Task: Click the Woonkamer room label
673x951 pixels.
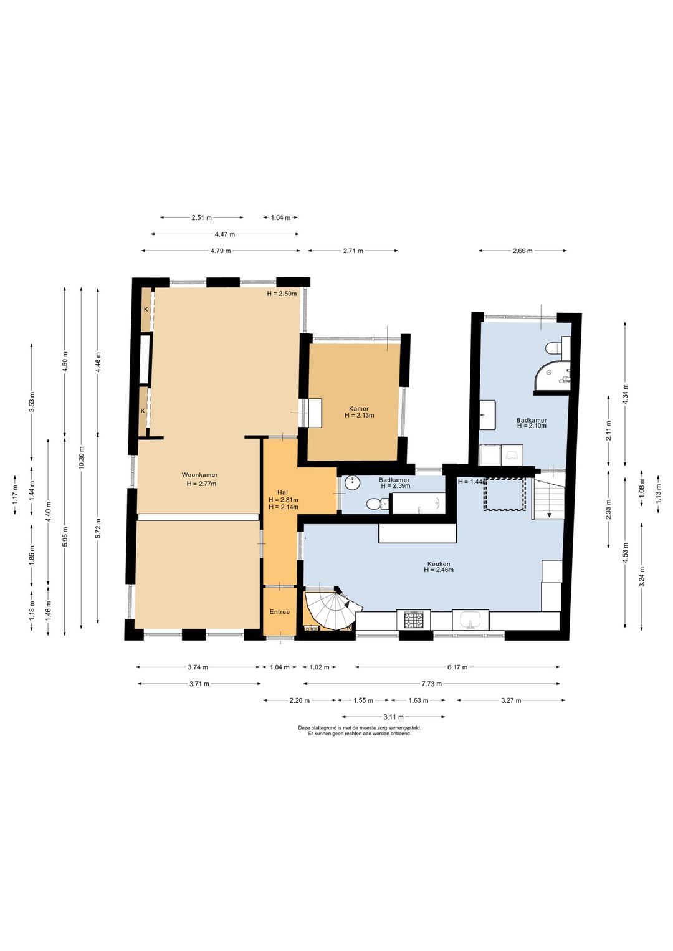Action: pos(199,475)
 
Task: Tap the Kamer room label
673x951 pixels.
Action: pos(359,409)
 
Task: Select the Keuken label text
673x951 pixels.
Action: pos(439,564)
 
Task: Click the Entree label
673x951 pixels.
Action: pos(279,612)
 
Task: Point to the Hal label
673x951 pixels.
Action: pos(282,492)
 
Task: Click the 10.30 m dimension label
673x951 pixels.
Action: pos(82,457)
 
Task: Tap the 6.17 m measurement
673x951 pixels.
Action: pos(457,667)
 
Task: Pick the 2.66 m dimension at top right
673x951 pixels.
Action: pos(522,251)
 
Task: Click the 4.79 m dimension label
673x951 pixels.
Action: pos(221,251)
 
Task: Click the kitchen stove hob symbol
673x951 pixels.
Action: pos(414,620)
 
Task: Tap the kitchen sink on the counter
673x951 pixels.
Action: pos(470,620)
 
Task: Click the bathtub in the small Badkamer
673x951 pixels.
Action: pos(418,503)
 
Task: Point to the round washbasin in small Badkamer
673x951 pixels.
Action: pos(353,483)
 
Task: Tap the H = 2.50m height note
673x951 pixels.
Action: pos(282,294)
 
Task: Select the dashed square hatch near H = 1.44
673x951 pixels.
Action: pos(504,494)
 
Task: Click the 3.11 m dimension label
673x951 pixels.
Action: pos(393,717)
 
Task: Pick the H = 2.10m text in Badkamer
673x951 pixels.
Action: pos(532,426)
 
